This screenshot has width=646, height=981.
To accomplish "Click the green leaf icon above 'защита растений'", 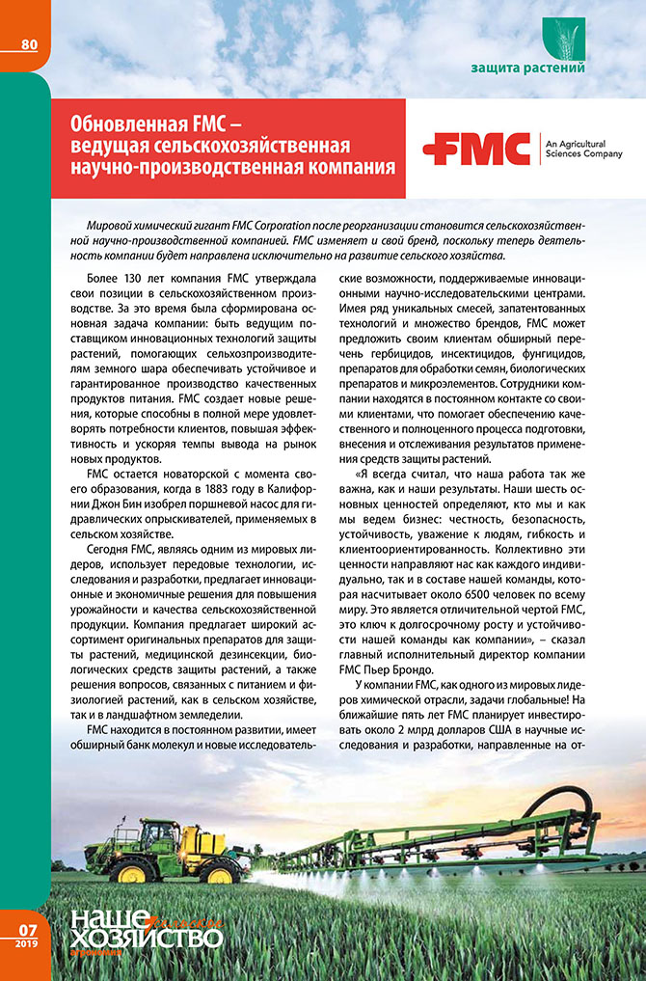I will tap(563, 36).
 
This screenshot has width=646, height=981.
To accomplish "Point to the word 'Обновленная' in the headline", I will tap(124, 125).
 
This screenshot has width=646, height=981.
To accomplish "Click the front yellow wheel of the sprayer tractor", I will tap(221, 874).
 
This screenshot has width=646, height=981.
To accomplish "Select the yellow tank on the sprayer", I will tap(182, 840).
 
